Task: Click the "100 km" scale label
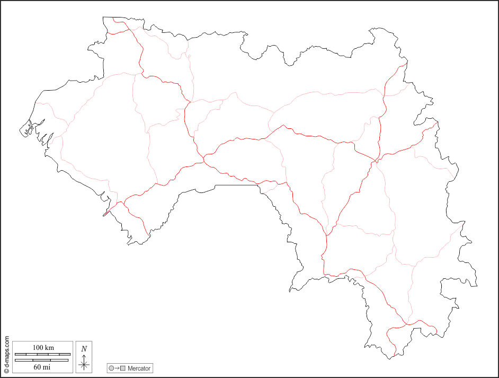(x=43, y=347)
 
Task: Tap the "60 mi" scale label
(x=43, y=367)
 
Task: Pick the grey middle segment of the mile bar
(x=42, y=361)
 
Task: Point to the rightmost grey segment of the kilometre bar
(x=65, y=354)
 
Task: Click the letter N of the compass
(x=84, y=349)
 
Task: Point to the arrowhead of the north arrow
(x=84, y=356)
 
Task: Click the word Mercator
(x=139, y=368)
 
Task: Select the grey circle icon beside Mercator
(x=111, y=368)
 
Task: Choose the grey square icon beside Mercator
(x=123, y=368)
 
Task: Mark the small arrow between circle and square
(x=117, y=368)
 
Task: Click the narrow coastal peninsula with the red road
(x=108, y=212)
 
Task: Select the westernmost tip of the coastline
(x=21, y=130)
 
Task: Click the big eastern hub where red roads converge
(x=375, y=161)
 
